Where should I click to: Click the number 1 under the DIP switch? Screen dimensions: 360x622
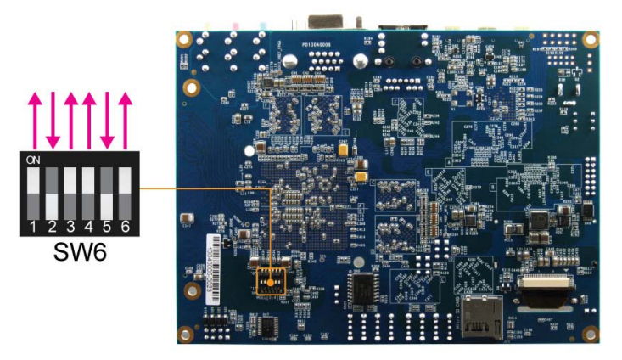(32, 227)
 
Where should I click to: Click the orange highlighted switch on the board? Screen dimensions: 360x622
(271, 280)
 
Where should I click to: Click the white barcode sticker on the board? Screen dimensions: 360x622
(212, 271)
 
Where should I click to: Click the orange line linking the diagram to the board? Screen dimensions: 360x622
(204, 188)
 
